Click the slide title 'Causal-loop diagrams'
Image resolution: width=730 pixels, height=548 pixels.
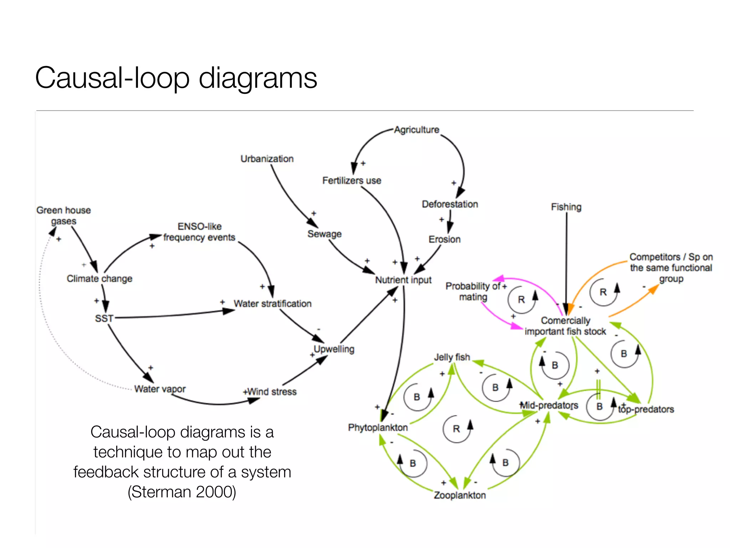point(176,78)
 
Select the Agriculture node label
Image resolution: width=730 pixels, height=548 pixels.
point(416,130)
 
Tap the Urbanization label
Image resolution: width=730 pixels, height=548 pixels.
point(267,159)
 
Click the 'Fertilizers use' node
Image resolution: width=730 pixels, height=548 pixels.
point(351,181)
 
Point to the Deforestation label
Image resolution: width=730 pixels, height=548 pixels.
point(450,204)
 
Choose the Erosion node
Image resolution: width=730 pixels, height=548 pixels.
point(444,239)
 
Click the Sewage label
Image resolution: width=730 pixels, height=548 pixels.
point(324,234)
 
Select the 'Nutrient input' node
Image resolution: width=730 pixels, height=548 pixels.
point(403,280)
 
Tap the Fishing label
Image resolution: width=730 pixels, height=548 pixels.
point(566,207)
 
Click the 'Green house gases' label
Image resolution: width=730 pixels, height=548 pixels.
point(63,215)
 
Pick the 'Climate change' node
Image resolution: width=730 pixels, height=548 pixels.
point(99,279)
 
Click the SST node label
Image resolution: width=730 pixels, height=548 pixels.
point(104,318)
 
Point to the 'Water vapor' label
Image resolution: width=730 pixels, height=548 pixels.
point(160,389)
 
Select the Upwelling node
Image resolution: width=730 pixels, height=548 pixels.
point(334,349)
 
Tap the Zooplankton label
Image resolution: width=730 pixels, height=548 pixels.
point(460,495)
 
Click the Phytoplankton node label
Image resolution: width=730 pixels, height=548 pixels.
point(378,427)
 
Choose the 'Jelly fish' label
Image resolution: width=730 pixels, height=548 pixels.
point(452,357)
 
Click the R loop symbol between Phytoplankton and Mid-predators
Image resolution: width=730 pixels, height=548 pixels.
point(456,429)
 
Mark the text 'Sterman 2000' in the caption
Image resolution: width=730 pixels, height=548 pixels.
point(182,492)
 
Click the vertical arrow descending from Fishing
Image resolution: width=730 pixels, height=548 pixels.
point(566,260)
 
